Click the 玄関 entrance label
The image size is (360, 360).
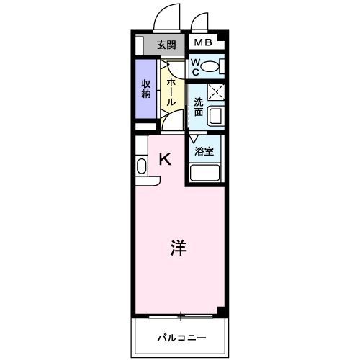tap(166, 44)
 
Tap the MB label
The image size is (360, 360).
tap(203, 43)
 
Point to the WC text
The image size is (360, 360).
tap(194, 68)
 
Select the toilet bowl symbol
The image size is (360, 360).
tap(211, 68)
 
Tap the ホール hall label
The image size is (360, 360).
tap(171, 91)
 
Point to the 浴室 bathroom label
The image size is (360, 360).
tap(204, 151)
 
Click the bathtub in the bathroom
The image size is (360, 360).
tap(205, 174)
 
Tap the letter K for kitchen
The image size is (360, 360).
tap(165, 160)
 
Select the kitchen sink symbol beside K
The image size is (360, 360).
tap(141, 166)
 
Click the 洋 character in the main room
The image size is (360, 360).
tap(179, 248)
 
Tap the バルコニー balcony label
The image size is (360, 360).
tap(181, 337)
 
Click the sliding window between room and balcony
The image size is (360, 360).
tap(181, 315)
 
